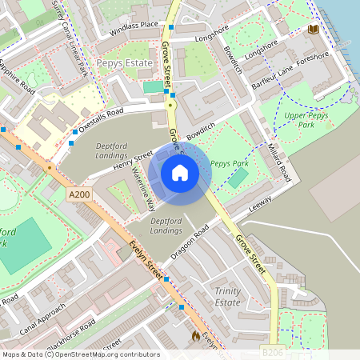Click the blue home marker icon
[180, 172]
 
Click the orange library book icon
[312, 30]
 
